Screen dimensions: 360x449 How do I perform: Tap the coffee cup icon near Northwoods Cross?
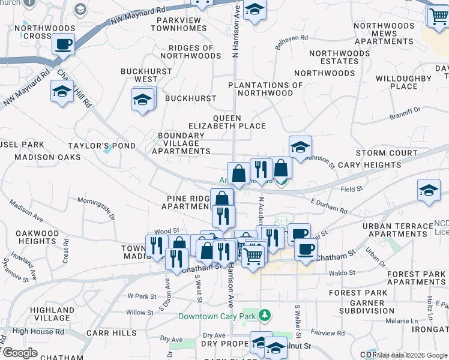point(63,44)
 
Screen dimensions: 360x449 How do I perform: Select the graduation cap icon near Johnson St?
point(300,146)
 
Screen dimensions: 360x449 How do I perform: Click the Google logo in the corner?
point(20,353)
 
